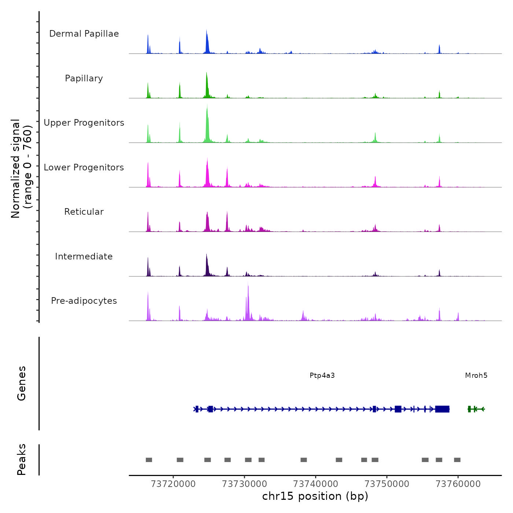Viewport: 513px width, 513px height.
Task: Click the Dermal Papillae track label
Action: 84,34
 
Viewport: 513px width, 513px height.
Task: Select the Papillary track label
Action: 84,78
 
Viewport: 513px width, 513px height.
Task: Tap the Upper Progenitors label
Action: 84,123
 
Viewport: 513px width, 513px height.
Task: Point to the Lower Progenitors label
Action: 84,167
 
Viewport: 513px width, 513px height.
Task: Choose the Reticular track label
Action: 84,212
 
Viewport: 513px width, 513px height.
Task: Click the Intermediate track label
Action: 84,256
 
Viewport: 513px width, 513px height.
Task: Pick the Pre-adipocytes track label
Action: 84,301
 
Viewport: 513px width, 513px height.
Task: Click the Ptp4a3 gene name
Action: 322,376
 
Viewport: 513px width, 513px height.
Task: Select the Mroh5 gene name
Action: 476,376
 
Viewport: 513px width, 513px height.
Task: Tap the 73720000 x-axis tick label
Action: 173,484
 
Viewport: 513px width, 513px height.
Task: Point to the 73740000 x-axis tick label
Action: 315,484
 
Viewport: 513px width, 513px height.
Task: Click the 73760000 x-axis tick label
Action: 458,484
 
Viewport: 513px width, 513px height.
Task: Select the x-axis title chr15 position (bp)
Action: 315,497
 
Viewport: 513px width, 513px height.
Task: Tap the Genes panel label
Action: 22,383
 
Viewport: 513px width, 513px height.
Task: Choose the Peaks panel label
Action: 22,460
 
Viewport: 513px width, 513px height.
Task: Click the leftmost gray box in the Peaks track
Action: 149,460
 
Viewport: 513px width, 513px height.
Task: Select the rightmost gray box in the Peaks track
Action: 457,460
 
